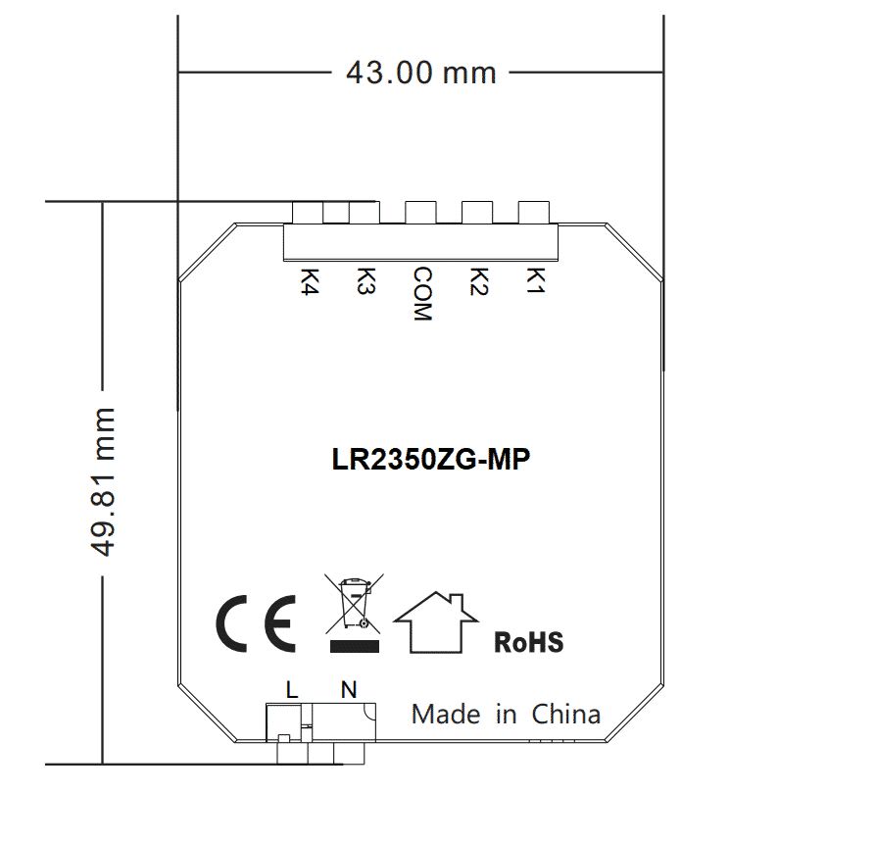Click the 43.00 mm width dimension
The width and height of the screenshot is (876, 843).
coord(420,72)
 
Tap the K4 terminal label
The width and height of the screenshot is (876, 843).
coord(311,281)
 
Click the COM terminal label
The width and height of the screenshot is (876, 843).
coord(421,294)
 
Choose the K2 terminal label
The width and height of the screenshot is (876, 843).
coord(478,281)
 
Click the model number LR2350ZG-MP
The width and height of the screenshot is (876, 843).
coord(431,461)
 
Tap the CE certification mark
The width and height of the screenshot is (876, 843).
coord(256,622)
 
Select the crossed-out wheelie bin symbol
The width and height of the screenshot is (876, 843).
coord(353,604)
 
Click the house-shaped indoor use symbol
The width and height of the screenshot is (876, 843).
coord(436,622)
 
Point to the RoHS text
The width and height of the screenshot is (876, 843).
coord(528,643)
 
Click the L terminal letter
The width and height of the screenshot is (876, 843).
coord(291,689)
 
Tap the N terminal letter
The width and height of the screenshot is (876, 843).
coord(348,689)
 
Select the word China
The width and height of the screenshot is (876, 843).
coord(565,714)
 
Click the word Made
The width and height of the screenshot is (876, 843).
coord(446,714)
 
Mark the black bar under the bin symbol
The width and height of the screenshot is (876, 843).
coord(354,645)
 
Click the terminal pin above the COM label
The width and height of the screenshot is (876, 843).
coord(421,213)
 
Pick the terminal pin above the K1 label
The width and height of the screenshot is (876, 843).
coord(533,213)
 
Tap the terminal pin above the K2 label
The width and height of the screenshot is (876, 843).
coord(477,213)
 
